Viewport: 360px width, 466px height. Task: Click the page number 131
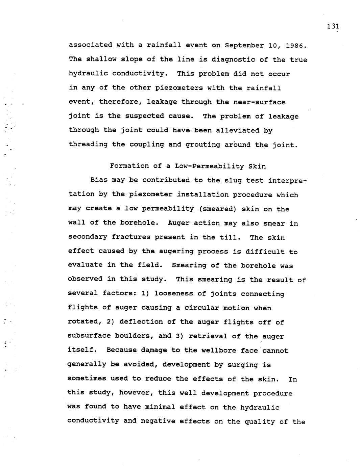pos(333,26)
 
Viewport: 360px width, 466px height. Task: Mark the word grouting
pos(203,145)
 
